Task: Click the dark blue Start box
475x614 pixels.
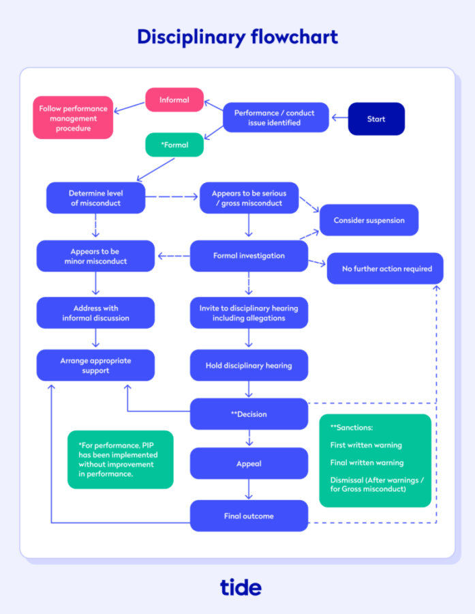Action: point(376,119)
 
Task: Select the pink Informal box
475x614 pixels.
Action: point(174,100)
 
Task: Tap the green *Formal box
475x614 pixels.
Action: point(174,145)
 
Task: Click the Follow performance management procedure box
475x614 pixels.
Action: point(74,118)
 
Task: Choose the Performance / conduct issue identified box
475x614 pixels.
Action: point(275,117)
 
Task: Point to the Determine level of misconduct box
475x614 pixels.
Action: point(95,198)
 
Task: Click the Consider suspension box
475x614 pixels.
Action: point(369,220)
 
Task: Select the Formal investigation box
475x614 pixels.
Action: point(249,256)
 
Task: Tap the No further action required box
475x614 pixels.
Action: point(386,268)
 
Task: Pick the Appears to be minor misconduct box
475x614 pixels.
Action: point(95,256)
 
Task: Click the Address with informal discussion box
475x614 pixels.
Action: point(95,313)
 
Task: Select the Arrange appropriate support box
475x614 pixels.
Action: point(95,366)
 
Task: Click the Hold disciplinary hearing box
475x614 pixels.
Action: point(249,366)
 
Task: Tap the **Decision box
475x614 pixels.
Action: point(249,414)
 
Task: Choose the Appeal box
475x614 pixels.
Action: point(249,463)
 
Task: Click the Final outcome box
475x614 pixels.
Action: point(249,516)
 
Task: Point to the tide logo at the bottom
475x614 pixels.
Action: point(241,587)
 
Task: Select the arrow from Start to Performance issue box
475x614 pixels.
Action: point(339,119)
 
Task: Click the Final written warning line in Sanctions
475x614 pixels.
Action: point(367,463)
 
